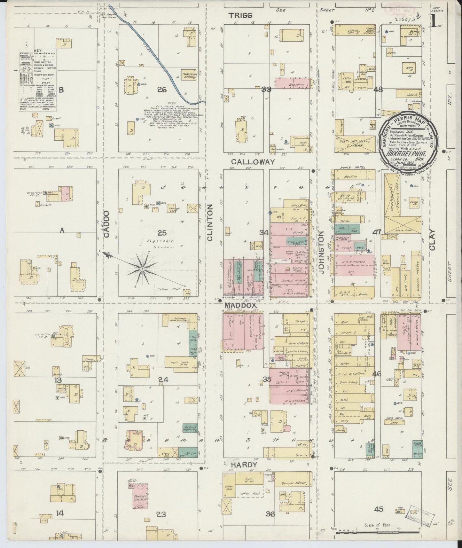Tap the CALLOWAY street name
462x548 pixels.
253,162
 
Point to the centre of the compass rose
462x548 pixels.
141,268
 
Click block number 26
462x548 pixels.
162,90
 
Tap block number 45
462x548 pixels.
379,509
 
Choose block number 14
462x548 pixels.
60,513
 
